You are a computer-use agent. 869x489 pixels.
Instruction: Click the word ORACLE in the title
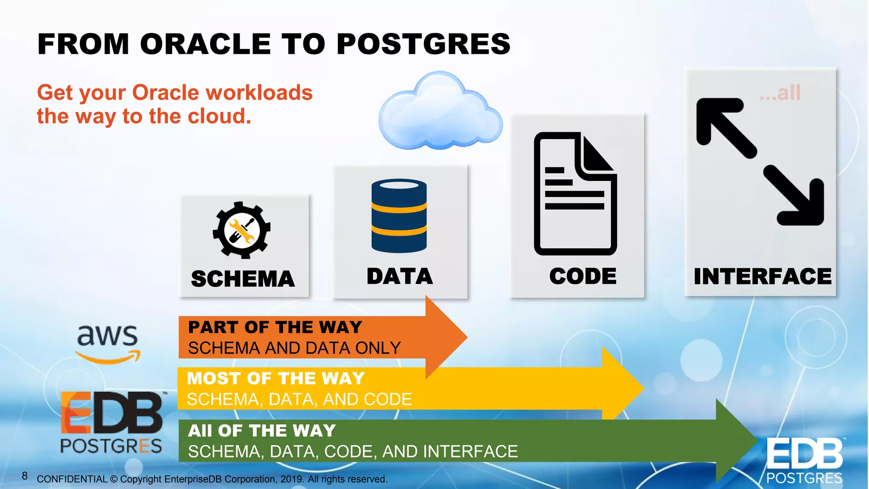pos(205,44)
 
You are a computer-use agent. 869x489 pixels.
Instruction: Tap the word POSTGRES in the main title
pos(423,44)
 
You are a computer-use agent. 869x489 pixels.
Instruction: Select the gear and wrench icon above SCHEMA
pos(241,230)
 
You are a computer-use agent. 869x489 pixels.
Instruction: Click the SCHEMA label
pos(243,279)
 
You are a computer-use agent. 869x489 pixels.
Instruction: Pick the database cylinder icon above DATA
pos(399,216)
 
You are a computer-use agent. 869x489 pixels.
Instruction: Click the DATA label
pos(400,276)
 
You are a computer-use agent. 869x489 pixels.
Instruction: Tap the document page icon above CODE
pos(575,194)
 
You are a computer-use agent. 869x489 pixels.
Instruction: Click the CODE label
pos(583,276)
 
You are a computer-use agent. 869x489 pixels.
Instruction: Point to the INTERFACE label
pos(762,276)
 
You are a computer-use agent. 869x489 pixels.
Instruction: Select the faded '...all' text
pos(780,93)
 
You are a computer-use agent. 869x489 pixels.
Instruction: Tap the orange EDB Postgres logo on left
pos(111,422)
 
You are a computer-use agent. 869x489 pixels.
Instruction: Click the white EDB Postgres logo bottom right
pos(804,461)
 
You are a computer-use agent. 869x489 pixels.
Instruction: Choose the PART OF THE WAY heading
pos(275,327)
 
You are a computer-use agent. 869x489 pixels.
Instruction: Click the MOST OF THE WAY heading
pos(276,378)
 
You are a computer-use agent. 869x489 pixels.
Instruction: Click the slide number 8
pos(25,476)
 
